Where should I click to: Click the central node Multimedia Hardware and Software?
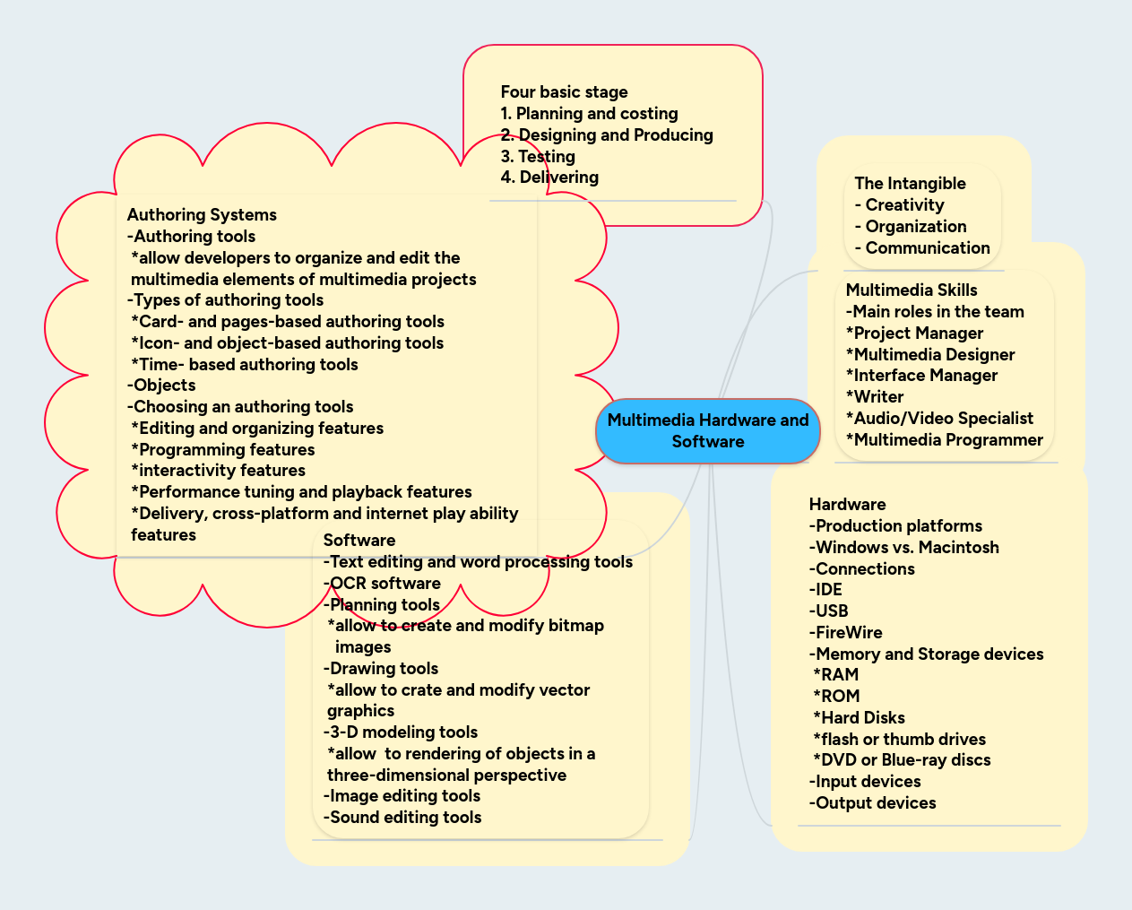pyautogui.click(x=708, y=431)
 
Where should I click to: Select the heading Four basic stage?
pyautogui.click(x=564, y=92)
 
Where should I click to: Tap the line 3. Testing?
pyautogui.click(x=538, y=157)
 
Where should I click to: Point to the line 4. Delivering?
pyautogui.click(x=549, y=178)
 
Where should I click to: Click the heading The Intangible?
pyautogui.click(x=910, y=184)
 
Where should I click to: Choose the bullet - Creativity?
pyautogui.click(x=900, y=205)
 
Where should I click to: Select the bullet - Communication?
pyautogui.click(x=922, y=248)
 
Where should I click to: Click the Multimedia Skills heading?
pyautogui.click(x=912, y=290)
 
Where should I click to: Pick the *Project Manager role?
pyautogui.click(x=914, y=334)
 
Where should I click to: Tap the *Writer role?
pyautogui.click(x=875, y=397)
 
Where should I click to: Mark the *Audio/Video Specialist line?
pyautogui.click(x=939, y=419)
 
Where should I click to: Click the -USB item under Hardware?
pyautogui.click(x=829, y=611)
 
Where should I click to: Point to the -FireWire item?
pyautogui.click(x=845, y=633)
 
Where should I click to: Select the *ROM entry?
pyautogui.click(x=836, y=697)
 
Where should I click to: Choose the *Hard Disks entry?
pyautogui.click(x=859, y=718)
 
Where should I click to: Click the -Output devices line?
pyautogui.click(x=872, y=803)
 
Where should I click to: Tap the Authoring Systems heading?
pyautogui.click(x=202, y=215)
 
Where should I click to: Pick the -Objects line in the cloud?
pyautogui.click(x=161, y=386)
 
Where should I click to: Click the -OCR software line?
pyautogui.click(x=382, y=584)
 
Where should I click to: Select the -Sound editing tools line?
pyautogui.click(x=402, y=818)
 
